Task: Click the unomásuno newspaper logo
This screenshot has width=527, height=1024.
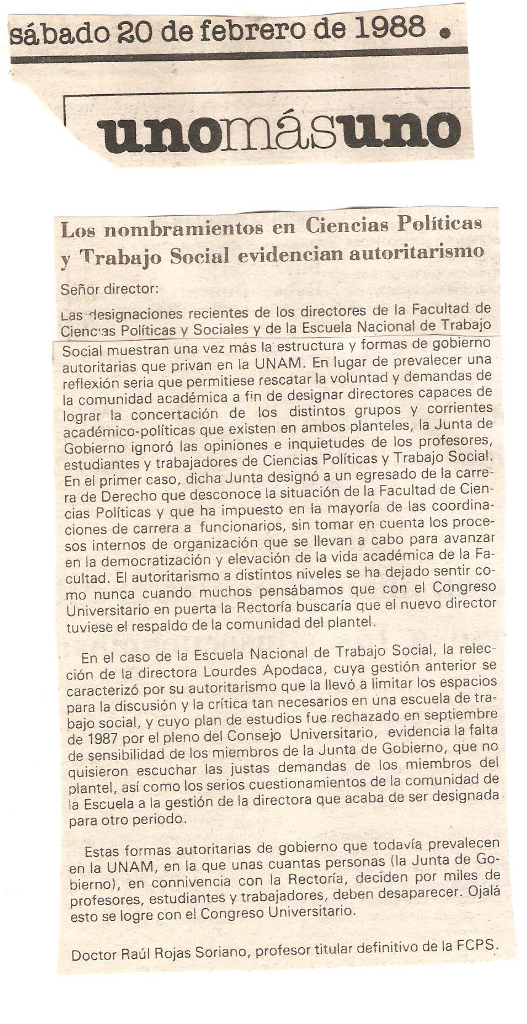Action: pos(279,130)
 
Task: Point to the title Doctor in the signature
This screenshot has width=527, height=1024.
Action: pos(94,955)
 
